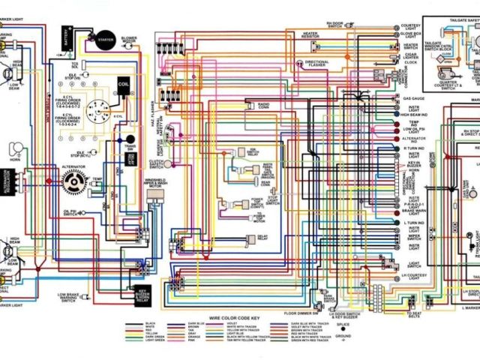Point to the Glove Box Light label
(x=411, y=33)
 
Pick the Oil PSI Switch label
(x=70, y=213)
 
